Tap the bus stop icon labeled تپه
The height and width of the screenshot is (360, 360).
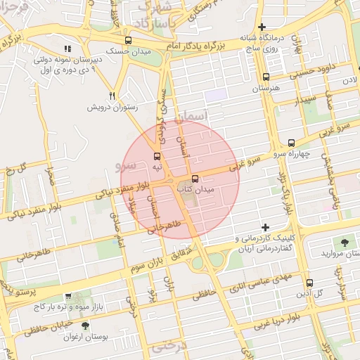tap(156, 156)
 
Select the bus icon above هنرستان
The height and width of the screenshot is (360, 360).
tap(266, 78)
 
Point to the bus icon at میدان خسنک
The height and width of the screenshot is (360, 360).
tap(127, 41)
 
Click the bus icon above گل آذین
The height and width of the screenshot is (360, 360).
tap(309, 283)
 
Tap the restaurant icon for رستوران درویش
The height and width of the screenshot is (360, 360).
tap(112, 96)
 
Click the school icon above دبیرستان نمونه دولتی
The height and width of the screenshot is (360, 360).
tap(67, 49)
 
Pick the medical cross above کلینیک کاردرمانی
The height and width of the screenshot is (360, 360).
tap(265, 228)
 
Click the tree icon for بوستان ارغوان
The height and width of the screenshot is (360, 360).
tap(85, 326)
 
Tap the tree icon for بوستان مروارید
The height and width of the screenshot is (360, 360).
tap(345, 242)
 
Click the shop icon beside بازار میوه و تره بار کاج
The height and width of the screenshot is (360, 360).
tap(67, 297)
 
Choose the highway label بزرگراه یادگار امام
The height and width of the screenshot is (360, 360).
tap(198, 43)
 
